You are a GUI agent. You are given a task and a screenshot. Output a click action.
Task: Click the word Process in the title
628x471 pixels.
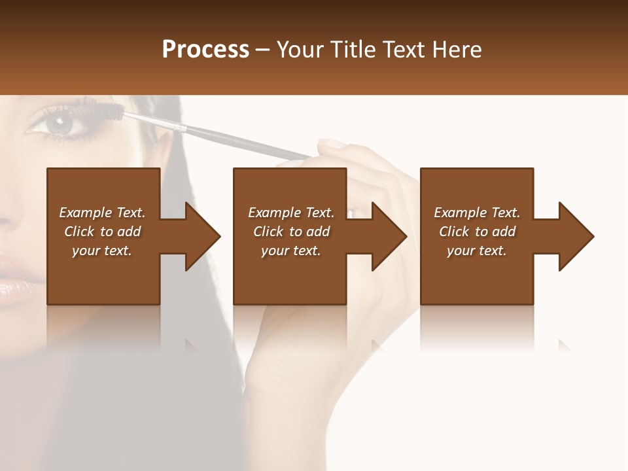[205, 50]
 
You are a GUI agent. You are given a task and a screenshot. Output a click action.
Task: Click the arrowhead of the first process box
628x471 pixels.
[202, 236]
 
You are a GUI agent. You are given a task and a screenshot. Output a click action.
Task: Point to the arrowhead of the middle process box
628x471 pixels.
[389, 236]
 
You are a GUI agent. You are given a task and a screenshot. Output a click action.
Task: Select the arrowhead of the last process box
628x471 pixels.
[576, 236]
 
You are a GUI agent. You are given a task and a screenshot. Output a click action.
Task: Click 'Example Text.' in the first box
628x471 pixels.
[102, 213]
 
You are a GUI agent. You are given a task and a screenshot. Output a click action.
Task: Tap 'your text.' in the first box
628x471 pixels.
[102, 251]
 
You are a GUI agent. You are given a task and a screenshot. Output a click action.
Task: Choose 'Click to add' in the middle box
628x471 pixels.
[291, 232]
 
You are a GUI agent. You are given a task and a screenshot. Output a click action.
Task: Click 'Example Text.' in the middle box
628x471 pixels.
[291, 213]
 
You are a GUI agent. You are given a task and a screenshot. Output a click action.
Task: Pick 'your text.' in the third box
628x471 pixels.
[477, 251]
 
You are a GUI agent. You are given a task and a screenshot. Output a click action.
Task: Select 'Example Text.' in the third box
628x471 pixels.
[477, 213]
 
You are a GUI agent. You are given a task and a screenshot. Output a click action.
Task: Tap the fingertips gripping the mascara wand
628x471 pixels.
[327, 147]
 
